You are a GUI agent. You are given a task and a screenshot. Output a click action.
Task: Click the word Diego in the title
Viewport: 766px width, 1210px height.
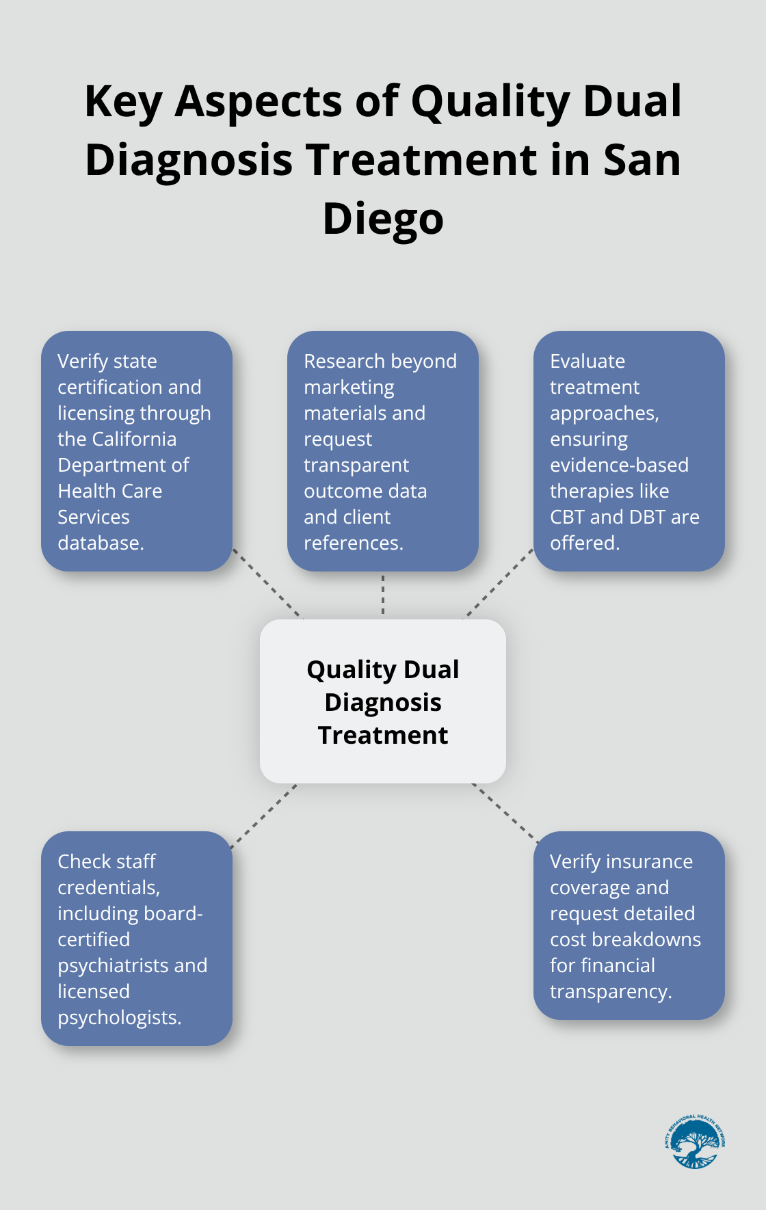click(x=383, y=219)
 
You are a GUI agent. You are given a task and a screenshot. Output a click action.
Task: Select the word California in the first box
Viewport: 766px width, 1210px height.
click(x=133, y=439)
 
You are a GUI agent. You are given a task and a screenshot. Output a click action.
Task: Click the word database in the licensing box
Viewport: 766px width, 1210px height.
click(x=100, y=543)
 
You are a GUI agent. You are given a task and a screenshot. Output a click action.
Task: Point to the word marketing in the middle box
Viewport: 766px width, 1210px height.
click(x=349, y=387)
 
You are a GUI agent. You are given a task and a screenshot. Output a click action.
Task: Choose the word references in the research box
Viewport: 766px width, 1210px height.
click(x=352, y=543)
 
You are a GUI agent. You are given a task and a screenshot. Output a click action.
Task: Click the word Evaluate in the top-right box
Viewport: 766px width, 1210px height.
click(x=587, y=361)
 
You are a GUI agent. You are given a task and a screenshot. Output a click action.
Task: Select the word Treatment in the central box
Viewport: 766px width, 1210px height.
click(x=383, y=736)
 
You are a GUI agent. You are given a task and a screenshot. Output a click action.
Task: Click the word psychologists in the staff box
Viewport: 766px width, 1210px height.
click(x=118, y=1017)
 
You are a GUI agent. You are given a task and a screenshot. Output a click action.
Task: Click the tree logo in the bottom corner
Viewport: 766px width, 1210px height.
click(x=694, y=1142)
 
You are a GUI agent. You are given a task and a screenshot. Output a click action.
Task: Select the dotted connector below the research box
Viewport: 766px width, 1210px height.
click(x=383, y=595)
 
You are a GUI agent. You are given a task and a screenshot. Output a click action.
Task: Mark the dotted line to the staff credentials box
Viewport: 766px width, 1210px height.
click(x=264, y=816)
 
